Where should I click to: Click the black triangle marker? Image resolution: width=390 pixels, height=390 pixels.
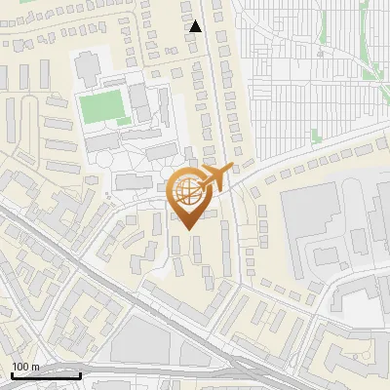(x=196, y=26)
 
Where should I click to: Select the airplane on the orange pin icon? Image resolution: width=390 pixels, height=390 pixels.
(x=216, y=176)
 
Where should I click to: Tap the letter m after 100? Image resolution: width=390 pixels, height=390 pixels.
(x=35, y=367)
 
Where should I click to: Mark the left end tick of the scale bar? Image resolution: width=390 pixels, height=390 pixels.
(x=13, y=373)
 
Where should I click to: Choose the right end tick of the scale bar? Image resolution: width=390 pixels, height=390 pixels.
(x=80, y=373)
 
